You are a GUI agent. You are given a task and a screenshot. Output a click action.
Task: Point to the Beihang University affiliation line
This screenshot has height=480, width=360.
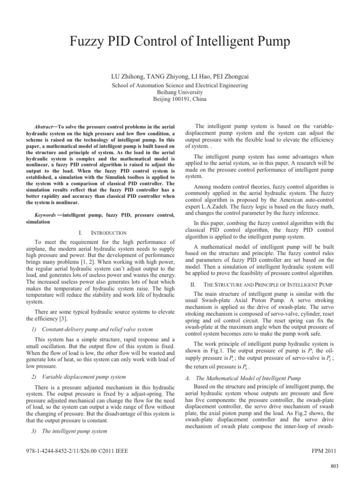180,93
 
